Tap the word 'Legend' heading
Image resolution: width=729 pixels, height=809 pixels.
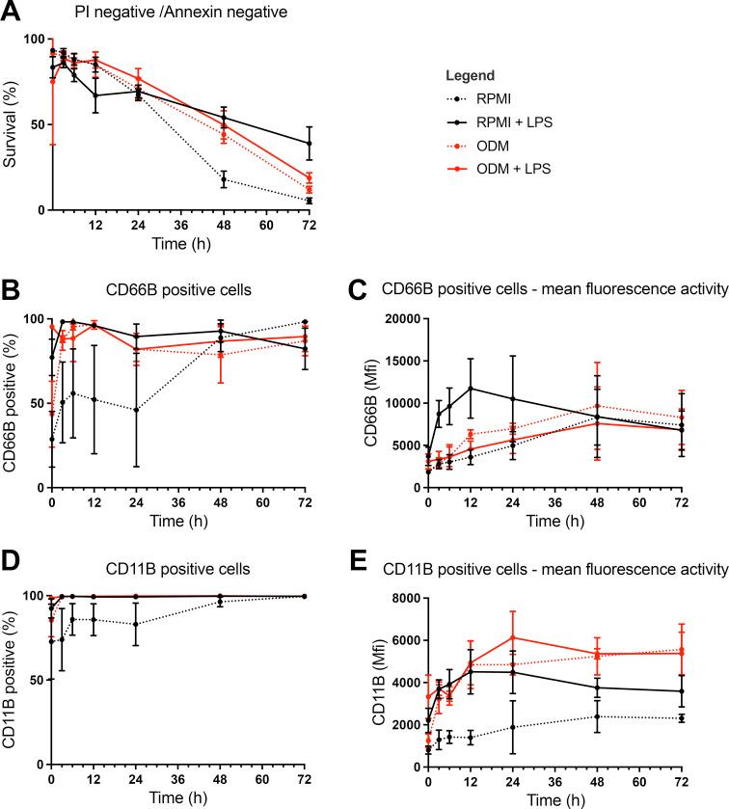[x=472, y=75]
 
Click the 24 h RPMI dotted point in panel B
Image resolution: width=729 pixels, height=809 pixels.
[x=137, y=410]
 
